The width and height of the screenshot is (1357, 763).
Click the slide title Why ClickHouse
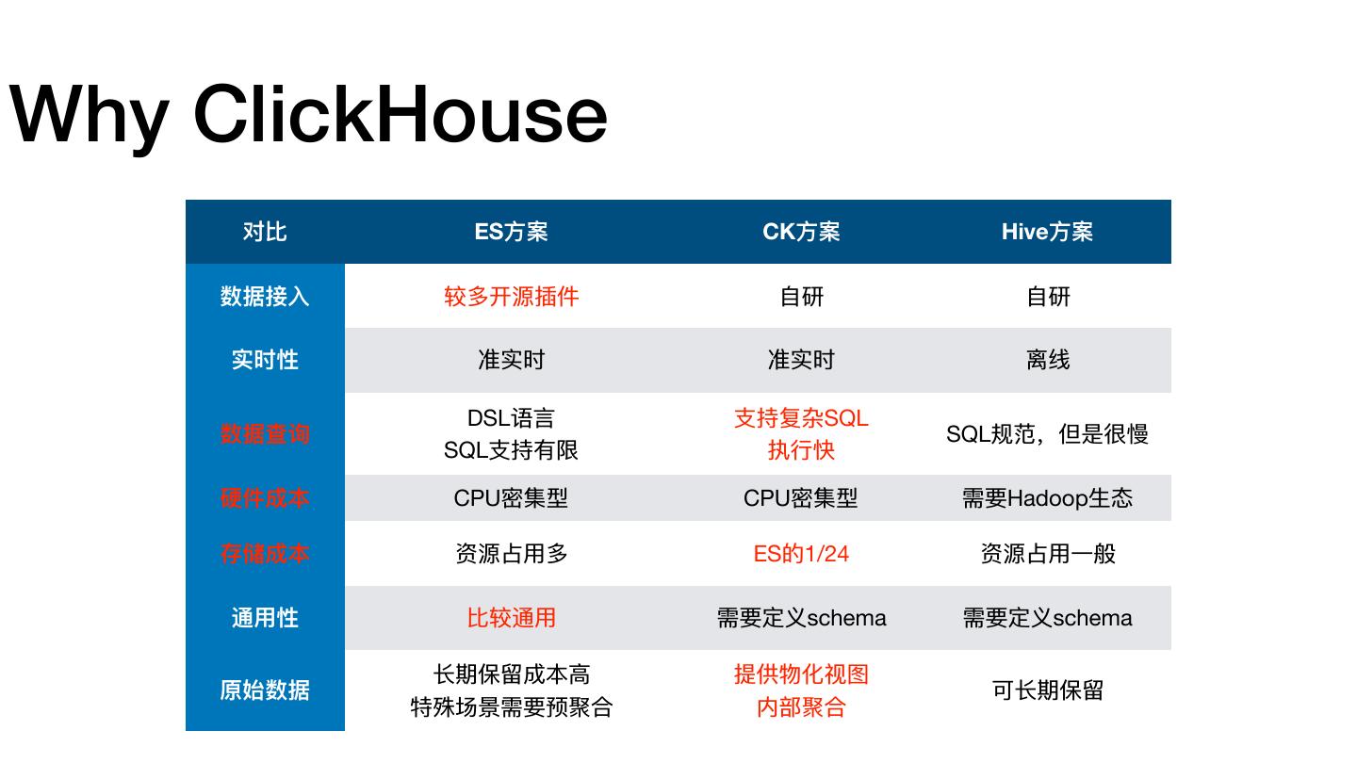tap(308, 115)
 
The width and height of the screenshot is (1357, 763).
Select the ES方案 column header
tap(511, 232)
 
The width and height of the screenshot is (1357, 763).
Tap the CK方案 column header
tap(801, 232)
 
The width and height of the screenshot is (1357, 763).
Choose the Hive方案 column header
tap(1047, 232)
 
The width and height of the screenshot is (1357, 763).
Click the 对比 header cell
tap(265, 232)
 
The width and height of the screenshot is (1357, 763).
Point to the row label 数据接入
tap(265, 296)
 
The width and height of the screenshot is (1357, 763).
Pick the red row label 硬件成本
tap(265, 498)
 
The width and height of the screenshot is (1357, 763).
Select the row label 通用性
tap(265, 618)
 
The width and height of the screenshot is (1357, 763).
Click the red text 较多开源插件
tap(511, 296)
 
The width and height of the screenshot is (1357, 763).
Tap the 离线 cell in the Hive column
tap(1047, 360)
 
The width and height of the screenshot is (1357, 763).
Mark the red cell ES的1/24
tap(801, 554)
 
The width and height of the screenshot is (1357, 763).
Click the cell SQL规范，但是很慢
tap(1047, 434)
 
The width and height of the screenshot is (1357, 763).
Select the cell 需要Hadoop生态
tap(1047, 498)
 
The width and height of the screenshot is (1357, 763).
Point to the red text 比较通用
tap(511, 618)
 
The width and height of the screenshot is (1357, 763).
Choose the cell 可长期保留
tap(1047, 690)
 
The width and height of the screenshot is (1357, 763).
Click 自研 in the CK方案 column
tap(801, 296)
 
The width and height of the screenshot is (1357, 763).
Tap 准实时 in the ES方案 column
tap(511, 360)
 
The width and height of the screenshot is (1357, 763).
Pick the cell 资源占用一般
tap(1047, 554)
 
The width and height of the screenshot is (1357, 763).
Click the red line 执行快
tap(801, 450)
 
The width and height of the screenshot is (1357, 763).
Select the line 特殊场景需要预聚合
tap(511, 706)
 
